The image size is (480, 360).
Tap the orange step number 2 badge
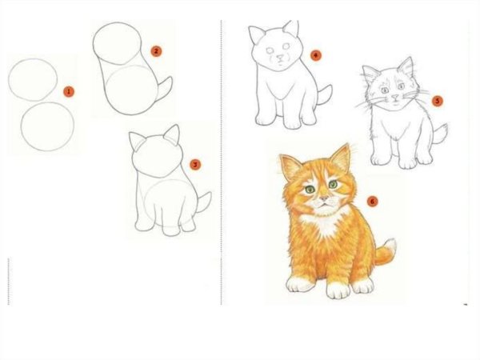pos(156,50)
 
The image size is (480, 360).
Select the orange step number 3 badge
pos(195,165)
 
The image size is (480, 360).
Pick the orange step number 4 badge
pos(315,56)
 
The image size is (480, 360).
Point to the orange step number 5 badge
pos(437,101)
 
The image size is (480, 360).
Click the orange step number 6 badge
pos(371,201)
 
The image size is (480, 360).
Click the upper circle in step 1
pos(33,79)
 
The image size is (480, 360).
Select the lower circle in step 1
pos(48,126)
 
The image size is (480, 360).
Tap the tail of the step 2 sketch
pos(163,90)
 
